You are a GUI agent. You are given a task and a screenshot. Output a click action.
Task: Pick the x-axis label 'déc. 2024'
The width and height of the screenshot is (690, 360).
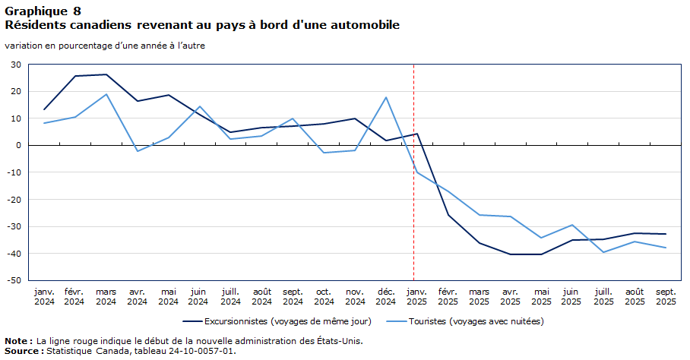(x=386, y=296)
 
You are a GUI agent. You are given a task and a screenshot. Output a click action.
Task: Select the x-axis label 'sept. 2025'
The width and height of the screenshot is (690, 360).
(x=666, y=296)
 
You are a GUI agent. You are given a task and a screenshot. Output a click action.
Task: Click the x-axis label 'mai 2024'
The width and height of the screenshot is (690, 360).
(x=169, y=296)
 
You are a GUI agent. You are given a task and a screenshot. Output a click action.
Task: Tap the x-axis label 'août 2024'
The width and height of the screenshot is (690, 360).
(x=262, y=296)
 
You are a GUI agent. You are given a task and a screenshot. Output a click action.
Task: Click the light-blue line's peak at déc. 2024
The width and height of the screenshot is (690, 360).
(x=386, y=97)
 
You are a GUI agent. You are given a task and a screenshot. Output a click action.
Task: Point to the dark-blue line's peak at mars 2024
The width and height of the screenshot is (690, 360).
(x=106, y=74)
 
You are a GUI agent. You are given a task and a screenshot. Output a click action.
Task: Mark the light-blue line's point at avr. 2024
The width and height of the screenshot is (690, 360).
(x=138, y=151)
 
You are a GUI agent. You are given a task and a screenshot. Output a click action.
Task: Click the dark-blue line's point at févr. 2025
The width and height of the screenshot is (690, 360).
(x=448, y=215)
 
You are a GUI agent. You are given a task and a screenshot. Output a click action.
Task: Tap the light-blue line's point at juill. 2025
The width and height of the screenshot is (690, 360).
(x=603, y=252)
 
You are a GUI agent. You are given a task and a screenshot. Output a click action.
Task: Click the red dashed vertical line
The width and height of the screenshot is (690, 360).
(x=413, y=228)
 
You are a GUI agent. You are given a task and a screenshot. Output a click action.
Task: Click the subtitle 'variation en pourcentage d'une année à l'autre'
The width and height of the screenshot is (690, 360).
(x=105, y=46)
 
